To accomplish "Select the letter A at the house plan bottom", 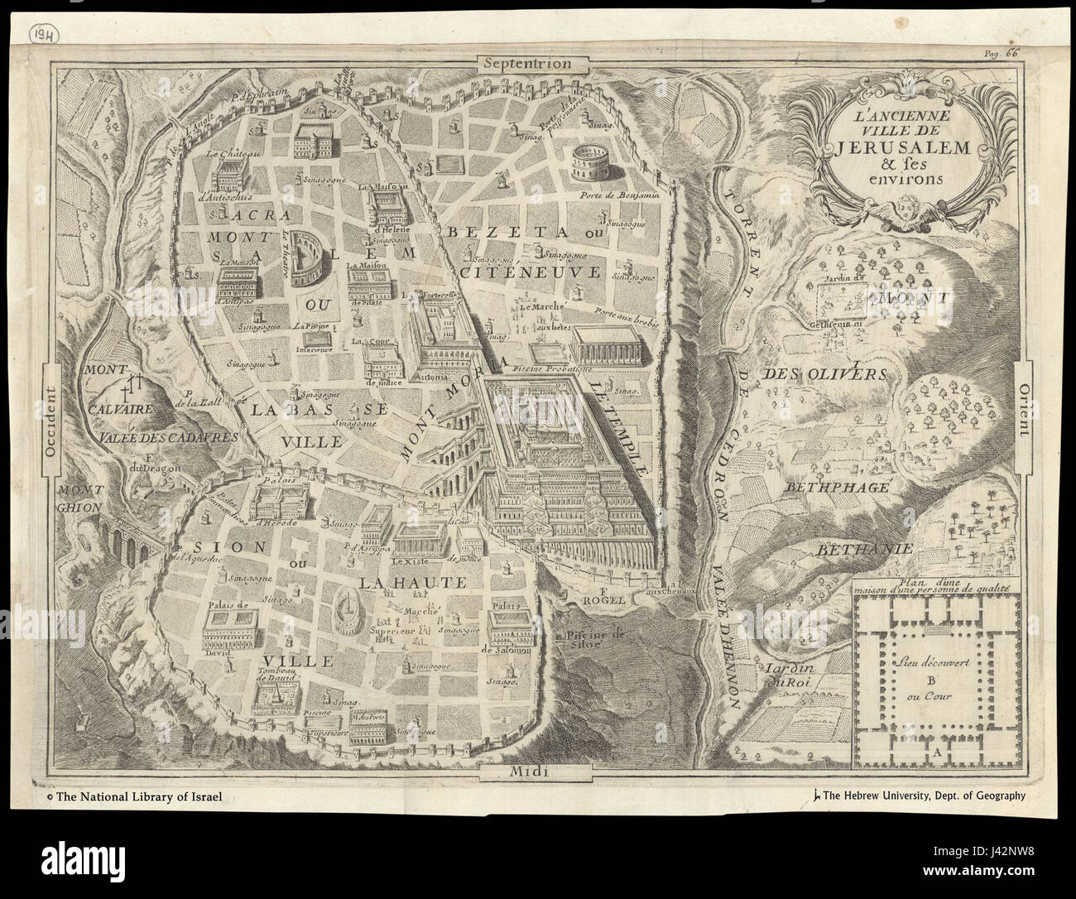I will coord(936,752).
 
